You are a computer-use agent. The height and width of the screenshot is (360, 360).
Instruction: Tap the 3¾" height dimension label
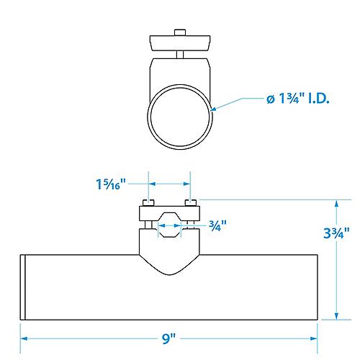[x=337, y=233]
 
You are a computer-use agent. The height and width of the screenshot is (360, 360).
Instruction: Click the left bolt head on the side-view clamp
[x=148, y=202]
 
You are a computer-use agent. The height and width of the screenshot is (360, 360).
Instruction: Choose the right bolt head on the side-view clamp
[x=189, y=202]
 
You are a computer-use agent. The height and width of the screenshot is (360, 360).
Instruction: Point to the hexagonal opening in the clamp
[x=169, y=225]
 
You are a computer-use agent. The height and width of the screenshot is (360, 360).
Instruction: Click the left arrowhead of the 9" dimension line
[x=23, y=337]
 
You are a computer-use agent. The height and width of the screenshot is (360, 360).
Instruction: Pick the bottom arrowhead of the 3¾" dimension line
[x=337, y=318]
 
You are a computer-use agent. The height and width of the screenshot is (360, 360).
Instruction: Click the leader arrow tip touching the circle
[x=215, y=109]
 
